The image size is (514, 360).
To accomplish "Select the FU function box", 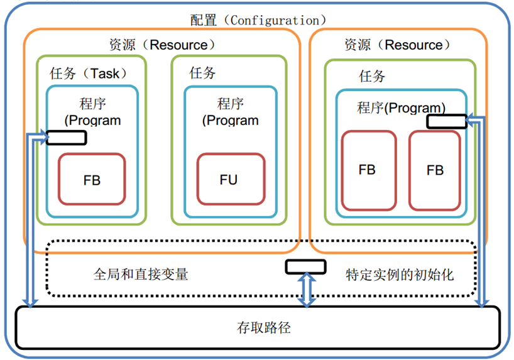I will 229,180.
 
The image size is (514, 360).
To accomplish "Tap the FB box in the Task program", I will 92,180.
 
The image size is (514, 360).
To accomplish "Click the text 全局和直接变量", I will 141,275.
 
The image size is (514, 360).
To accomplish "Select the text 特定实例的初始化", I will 400,275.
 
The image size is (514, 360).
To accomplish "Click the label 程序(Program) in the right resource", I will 402,107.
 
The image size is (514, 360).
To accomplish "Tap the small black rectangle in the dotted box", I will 306,266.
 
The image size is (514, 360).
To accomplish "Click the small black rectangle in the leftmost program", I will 66,136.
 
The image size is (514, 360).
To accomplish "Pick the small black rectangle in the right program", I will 447,121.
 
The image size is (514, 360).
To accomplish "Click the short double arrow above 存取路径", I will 306,290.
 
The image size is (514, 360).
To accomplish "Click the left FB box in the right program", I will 368,170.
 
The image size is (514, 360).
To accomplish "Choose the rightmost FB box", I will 435,170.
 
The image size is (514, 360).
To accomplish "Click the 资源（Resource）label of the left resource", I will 161,45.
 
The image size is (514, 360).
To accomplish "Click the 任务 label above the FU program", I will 202,73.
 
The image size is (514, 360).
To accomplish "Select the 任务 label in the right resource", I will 372,77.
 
